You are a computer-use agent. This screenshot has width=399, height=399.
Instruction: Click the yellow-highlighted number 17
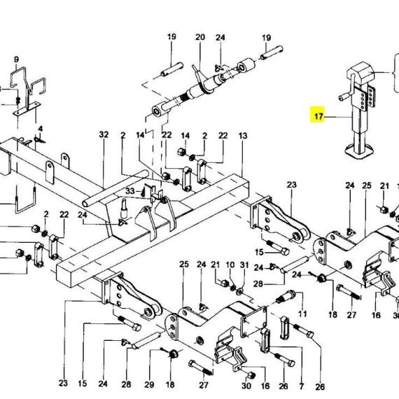[x=318, y=116]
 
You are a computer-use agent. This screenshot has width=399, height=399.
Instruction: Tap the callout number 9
[x=16, y=59]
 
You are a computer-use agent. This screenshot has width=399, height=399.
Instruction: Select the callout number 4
[x=41, y=129]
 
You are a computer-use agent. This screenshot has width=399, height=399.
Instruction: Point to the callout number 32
[x=104, y=134]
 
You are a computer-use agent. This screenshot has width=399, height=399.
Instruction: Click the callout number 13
[x=243, y=136]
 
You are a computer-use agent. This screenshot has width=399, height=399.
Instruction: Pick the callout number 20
[x=200, y=37]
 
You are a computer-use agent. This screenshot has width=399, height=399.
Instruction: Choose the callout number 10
[x=230, y=265]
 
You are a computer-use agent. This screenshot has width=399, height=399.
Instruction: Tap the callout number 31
[x=244, y=265]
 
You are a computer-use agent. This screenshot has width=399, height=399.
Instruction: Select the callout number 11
[x=302, y=314]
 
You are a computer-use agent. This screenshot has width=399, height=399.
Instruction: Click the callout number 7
[x=302, y=386]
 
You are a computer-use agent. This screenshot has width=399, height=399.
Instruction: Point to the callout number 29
[x=149, y=385]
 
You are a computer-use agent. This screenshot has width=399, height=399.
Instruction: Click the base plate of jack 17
[x=360, y=150]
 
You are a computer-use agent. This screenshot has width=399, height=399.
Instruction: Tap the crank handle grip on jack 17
[x=343, y=97]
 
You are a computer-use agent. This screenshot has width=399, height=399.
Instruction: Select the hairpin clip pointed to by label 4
[x=40, y=140]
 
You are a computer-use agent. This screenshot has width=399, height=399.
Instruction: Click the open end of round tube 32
[x=85, y=203]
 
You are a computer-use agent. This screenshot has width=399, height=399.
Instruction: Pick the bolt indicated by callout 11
[x=286, y=297]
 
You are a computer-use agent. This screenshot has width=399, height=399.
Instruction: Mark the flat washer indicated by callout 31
[x=239, y=291]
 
